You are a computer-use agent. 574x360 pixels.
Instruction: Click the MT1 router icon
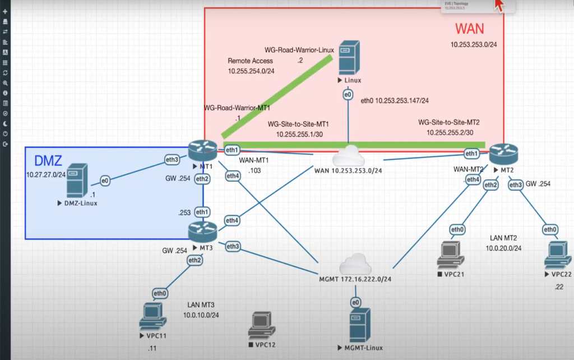point(202,150)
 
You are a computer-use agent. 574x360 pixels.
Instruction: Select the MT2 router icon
point(504,153)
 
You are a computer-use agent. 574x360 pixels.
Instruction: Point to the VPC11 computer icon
point(152,316)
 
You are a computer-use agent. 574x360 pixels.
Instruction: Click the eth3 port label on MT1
point(172,160)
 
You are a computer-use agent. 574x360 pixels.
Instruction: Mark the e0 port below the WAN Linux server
point(348,96)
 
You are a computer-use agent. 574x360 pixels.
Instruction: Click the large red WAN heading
point(469,28)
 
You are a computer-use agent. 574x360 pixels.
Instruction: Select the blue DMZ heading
point(48,161)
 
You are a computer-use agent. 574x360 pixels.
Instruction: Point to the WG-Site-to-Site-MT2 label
point(449,122)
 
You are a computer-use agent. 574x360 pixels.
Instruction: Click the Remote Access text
point(250,61)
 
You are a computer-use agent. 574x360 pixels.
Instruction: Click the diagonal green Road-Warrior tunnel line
point(279,95)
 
